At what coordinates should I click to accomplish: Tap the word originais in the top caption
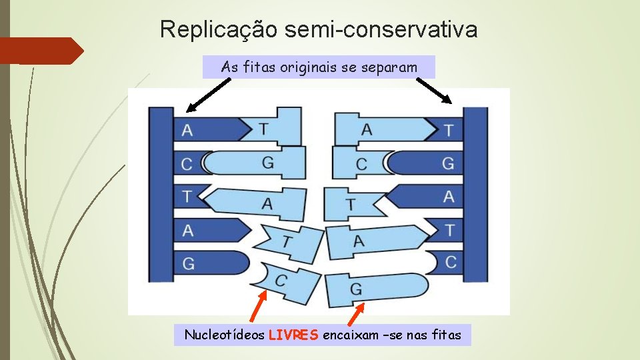(x=302, y=67)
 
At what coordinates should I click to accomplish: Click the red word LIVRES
(x=293, y=335)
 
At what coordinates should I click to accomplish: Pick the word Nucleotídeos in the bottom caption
(x=224, y=335)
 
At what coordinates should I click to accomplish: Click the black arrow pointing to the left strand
(x=209, y=95)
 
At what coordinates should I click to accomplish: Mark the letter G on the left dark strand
(x=189, y=264)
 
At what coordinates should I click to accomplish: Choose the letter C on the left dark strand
(x=187, y=163)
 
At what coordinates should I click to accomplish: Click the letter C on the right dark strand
(x=451, y=262)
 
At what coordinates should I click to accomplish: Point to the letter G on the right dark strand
(x=448, y=162)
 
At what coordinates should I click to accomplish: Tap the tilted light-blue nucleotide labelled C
(x=283, y=279)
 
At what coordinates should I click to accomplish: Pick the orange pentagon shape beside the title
(x=40, y=51)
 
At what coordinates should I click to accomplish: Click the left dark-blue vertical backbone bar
(x=161, y=193)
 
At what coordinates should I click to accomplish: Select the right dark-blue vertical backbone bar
(x=476, y=193)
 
